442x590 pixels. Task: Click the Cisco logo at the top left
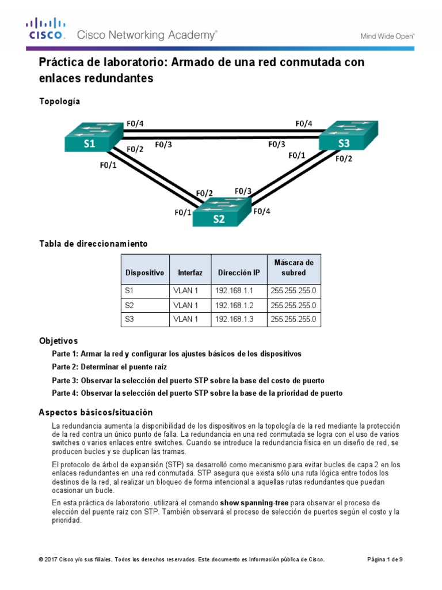coord(45,29)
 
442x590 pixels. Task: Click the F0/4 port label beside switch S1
coord(135,123)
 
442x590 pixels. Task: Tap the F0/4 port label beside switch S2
coord(261,211)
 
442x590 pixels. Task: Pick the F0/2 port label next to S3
coord(344,159)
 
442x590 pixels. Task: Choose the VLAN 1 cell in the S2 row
coord(185,305)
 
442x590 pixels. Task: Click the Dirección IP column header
coord(238,272)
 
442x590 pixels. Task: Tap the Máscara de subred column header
coord(294,268)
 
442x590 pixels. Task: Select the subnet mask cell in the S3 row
coord(294,319)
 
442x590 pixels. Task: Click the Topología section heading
coord(59,101)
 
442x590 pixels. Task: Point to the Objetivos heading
coord(58,341)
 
